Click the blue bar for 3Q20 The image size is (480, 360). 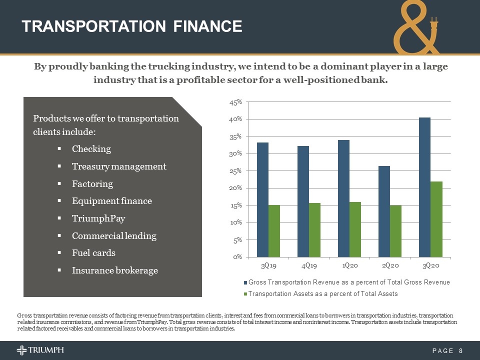[x=424, y=187]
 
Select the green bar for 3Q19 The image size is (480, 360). [x=274, y=231]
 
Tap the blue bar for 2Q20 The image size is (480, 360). [x=384, y=211]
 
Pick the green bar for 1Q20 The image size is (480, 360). [x=355, y=229]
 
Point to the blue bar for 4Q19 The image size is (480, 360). [x=303, y=201]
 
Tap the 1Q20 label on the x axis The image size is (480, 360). [x=349, y=265]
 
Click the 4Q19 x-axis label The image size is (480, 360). [x=308, y=265]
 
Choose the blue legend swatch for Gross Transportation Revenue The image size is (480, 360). [x=245, y=282]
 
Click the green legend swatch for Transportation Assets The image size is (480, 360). [x=245, y=294]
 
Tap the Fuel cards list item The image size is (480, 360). [x=93, y=253]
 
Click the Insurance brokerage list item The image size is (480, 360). [x=115, y=270]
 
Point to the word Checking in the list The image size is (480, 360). [x=91, y=149]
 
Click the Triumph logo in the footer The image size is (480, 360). [x=40, y=350]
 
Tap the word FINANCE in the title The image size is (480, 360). [x=207, y=26]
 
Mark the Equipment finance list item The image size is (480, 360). [x=112, y=201]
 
